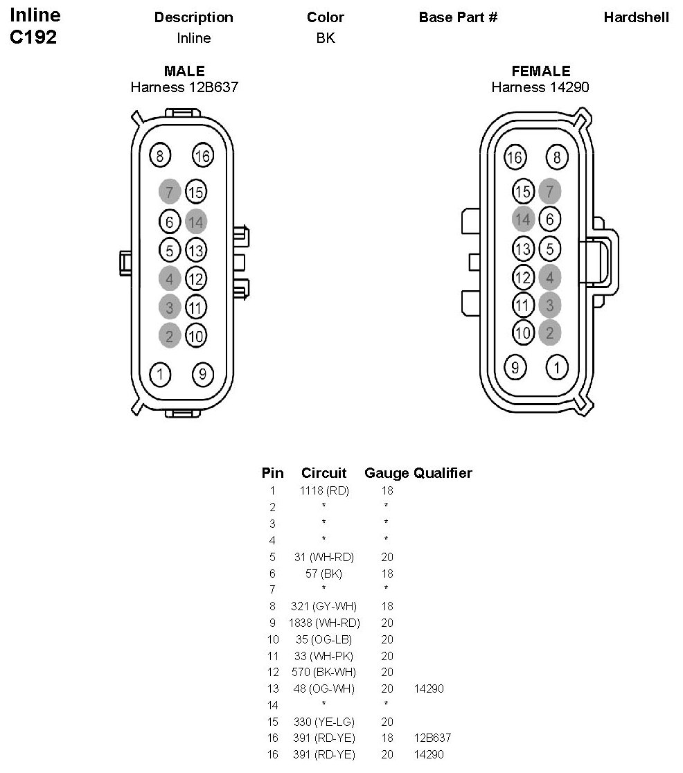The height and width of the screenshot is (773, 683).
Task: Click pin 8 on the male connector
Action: pyautogui.click(x=160, y=156)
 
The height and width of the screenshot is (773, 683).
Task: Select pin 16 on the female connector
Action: pyautogui.click(x=515, y=157)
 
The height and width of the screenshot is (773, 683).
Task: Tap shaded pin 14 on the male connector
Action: pyautogui.click(x=196, y=222)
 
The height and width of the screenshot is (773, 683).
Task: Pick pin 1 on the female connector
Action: pyautogui.click(x=557, y=366)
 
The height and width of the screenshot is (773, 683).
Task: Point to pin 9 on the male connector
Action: pyautogui.click(x=202, y=375)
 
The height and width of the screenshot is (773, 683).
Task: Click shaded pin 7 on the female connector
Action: pyautogui.click(x=550, y=190)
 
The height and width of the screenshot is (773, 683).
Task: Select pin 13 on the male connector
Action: pyautogui.click(x=196, y=249)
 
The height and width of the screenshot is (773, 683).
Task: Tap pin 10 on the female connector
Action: pyautogui.click(x=523, y=332)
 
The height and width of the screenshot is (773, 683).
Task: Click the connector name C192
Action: pyautogui.click(x=33, y=37)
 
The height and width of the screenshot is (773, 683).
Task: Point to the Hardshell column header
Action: pyautogui.click(x=636, y=17)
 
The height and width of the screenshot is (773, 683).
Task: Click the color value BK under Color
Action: pyautogui.click(x=326, y=38)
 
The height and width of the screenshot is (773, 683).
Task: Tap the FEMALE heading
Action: pyautogui.click(x=541, y=71)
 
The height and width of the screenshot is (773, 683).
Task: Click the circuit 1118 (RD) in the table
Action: pyautogui.click(x=324, y=490)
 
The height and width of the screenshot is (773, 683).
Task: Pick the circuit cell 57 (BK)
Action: pyautogui.click(x=324, y=573)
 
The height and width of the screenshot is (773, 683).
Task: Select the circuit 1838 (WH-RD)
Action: pyautogui.click(x=324, y=623)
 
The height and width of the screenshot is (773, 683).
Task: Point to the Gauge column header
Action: pyautogui.click(x=387, y=473)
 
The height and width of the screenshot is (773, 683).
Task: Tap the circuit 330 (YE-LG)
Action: pyautogui.click(x=324, y=722)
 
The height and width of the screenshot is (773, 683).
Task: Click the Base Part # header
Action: pyautogui.click(x=458, y=17)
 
